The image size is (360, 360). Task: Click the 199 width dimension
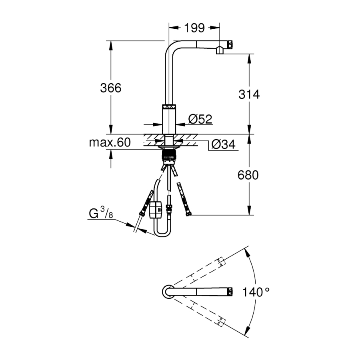pos(194,28)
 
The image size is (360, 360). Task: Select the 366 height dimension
pos(110,88)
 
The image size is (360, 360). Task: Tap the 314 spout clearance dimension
pos(249,94)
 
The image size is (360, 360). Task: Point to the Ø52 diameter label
pos(200,119)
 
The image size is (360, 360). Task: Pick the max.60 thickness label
pos(110,143)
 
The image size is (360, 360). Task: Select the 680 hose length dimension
pos(248,175)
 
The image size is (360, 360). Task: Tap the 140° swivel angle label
pos(256,292)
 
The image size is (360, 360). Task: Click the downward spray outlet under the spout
pos(220,51)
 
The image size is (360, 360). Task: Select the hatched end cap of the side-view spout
pos(230,44)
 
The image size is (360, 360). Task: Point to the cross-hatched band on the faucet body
pos(169,107)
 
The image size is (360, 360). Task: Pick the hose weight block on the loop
pos(155,210)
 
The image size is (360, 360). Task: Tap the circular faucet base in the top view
pos(168,292)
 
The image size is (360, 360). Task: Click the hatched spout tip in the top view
pos(230,292)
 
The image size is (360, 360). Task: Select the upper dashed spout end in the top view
pos(220,262)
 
